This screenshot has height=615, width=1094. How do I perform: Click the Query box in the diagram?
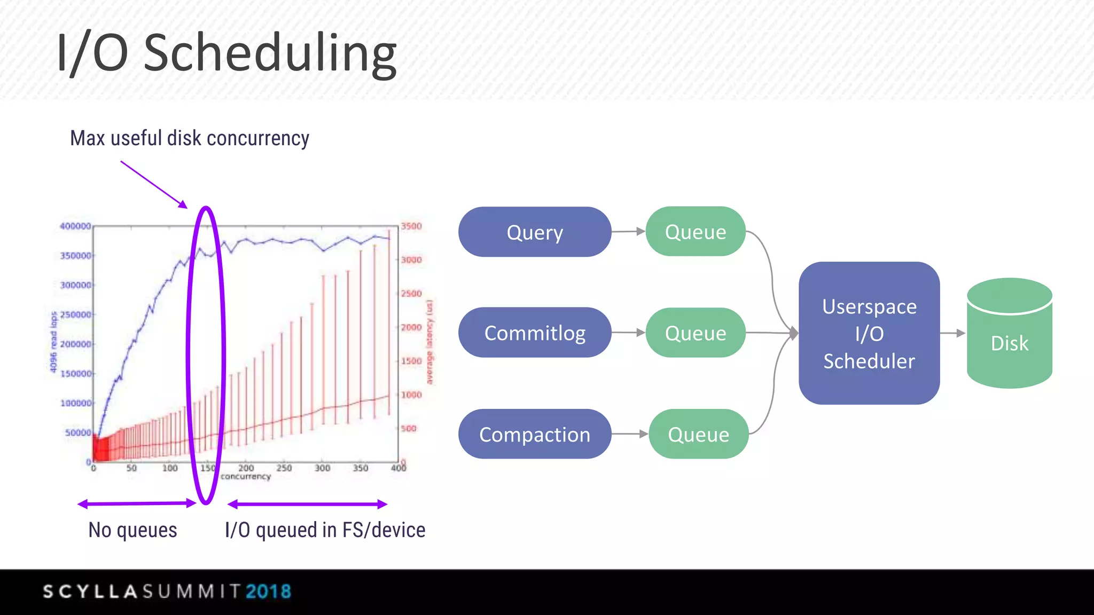click(x=534, y=232)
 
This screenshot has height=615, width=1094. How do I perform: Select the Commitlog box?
click(x=534, y=333)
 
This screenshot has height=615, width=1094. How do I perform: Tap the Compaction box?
click(x=534, y=434)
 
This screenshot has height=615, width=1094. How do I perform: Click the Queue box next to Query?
click(x=695, y=232)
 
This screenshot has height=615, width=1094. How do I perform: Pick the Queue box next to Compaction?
click(x=698, y=434)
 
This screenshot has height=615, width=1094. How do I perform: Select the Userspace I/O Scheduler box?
click(x=869, y=333)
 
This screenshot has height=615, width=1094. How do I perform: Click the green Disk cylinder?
click(x=1009, y=342)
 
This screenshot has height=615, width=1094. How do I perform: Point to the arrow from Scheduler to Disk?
click(x=952, y=333)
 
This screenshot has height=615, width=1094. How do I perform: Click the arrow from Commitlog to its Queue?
click(x=628, y=332)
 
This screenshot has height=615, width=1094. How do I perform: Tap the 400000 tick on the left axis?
click(x=75, y=226)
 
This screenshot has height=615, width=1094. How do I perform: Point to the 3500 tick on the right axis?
click(x=411, y=226)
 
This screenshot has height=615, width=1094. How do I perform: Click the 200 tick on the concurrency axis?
click(x=246, y=468)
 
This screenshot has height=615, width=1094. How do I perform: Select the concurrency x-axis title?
click(x=246, y=476)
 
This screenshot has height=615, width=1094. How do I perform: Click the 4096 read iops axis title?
click(x=53, y=342)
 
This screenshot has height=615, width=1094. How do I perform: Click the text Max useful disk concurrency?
click(x=190, y=138)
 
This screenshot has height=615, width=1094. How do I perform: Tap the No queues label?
click(x=132, y=530)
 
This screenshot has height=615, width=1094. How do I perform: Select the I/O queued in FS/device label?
click(x=325, y=530)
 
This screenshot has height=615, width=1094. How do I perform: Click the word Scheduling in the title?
click(x=270, y=53)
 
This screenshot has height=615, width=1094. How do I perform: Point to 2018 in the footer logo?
click(x=268, y=592)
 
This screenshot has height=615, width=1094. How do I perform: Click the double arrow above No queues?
click(x=137, y=503)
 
